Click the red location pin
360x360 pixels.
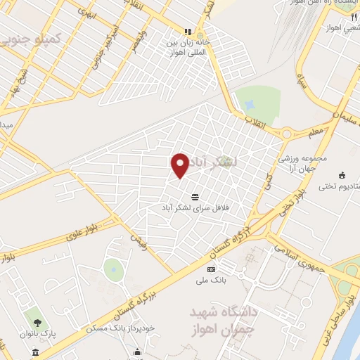[x=181, y=165]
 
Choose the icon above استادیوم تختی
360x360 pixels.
[x=342, y=175]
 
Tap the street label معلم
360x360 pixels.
[x=316, y=132]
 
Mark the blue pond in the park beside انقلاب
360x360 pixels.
[x=250, y=103]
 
